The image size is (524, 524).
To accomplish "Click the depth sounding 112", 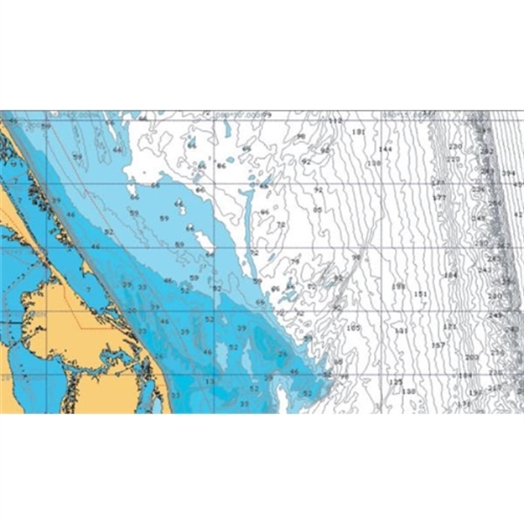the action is [x=336, y=122].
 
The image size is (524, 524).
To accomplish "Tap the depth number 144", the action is [x=385, y=148].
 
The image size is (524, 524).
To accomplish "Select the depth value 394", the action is [x=508, y=174].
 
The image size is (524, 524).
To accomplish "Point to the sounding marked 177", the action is [x=438, y=197].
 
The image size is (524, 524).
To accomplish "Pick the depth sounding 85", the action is [x=317, y=210].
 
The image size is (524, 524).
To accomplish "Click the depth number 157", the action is [x=438, y=345].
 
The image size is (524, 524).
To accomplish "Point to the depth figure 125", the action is [x=396, y=381].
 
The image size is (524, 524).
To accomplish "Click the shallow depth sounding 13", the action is [x=209, y=381].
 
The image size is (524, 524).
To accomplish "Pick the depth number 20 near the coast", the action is [x=132, y=311].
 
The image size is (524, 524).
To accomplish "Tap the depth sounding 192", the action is [x=475, y=393].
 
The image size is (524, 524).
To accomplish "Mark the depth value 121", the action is [x=449, y=326].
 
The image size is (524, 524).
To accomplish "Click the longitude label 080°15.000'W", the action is [x=402, y=114].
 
